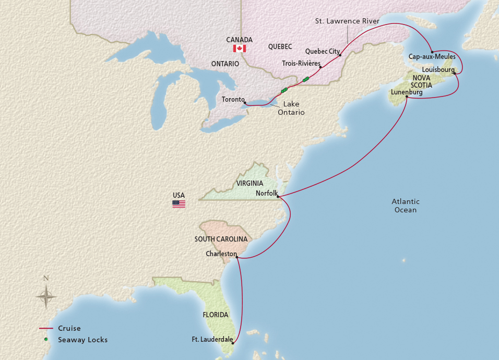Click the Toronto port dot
click(x=245, y=103)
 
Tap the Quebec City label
click(x=322, y=52)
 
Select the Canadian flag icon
click(x=240, y=48)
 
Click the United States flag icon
click(x=179, y=204)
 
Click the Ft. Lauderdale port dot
click(x=232, y=343)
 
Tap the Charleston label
click(x=220, y=254)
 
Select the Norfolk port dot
click(x=278, y=197)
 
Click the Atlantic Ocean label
click(x=406, y=206)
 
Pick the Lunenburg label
click(x=406, y=92)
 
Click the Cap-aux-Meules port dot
click(x=432, y=52)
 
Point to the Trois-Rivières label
click(x=301, y=63)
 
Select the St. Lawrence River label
click(x=347, y=21)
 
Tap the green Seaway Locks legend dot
click(x=46, y=340)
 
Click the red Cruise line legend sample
click(x=46, y=328)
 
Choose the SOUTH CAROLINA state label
click(x=221, y=239)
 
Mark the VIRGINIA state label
click(x=249, y=183)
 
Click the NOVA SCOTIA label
click(x=422, y=81)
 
